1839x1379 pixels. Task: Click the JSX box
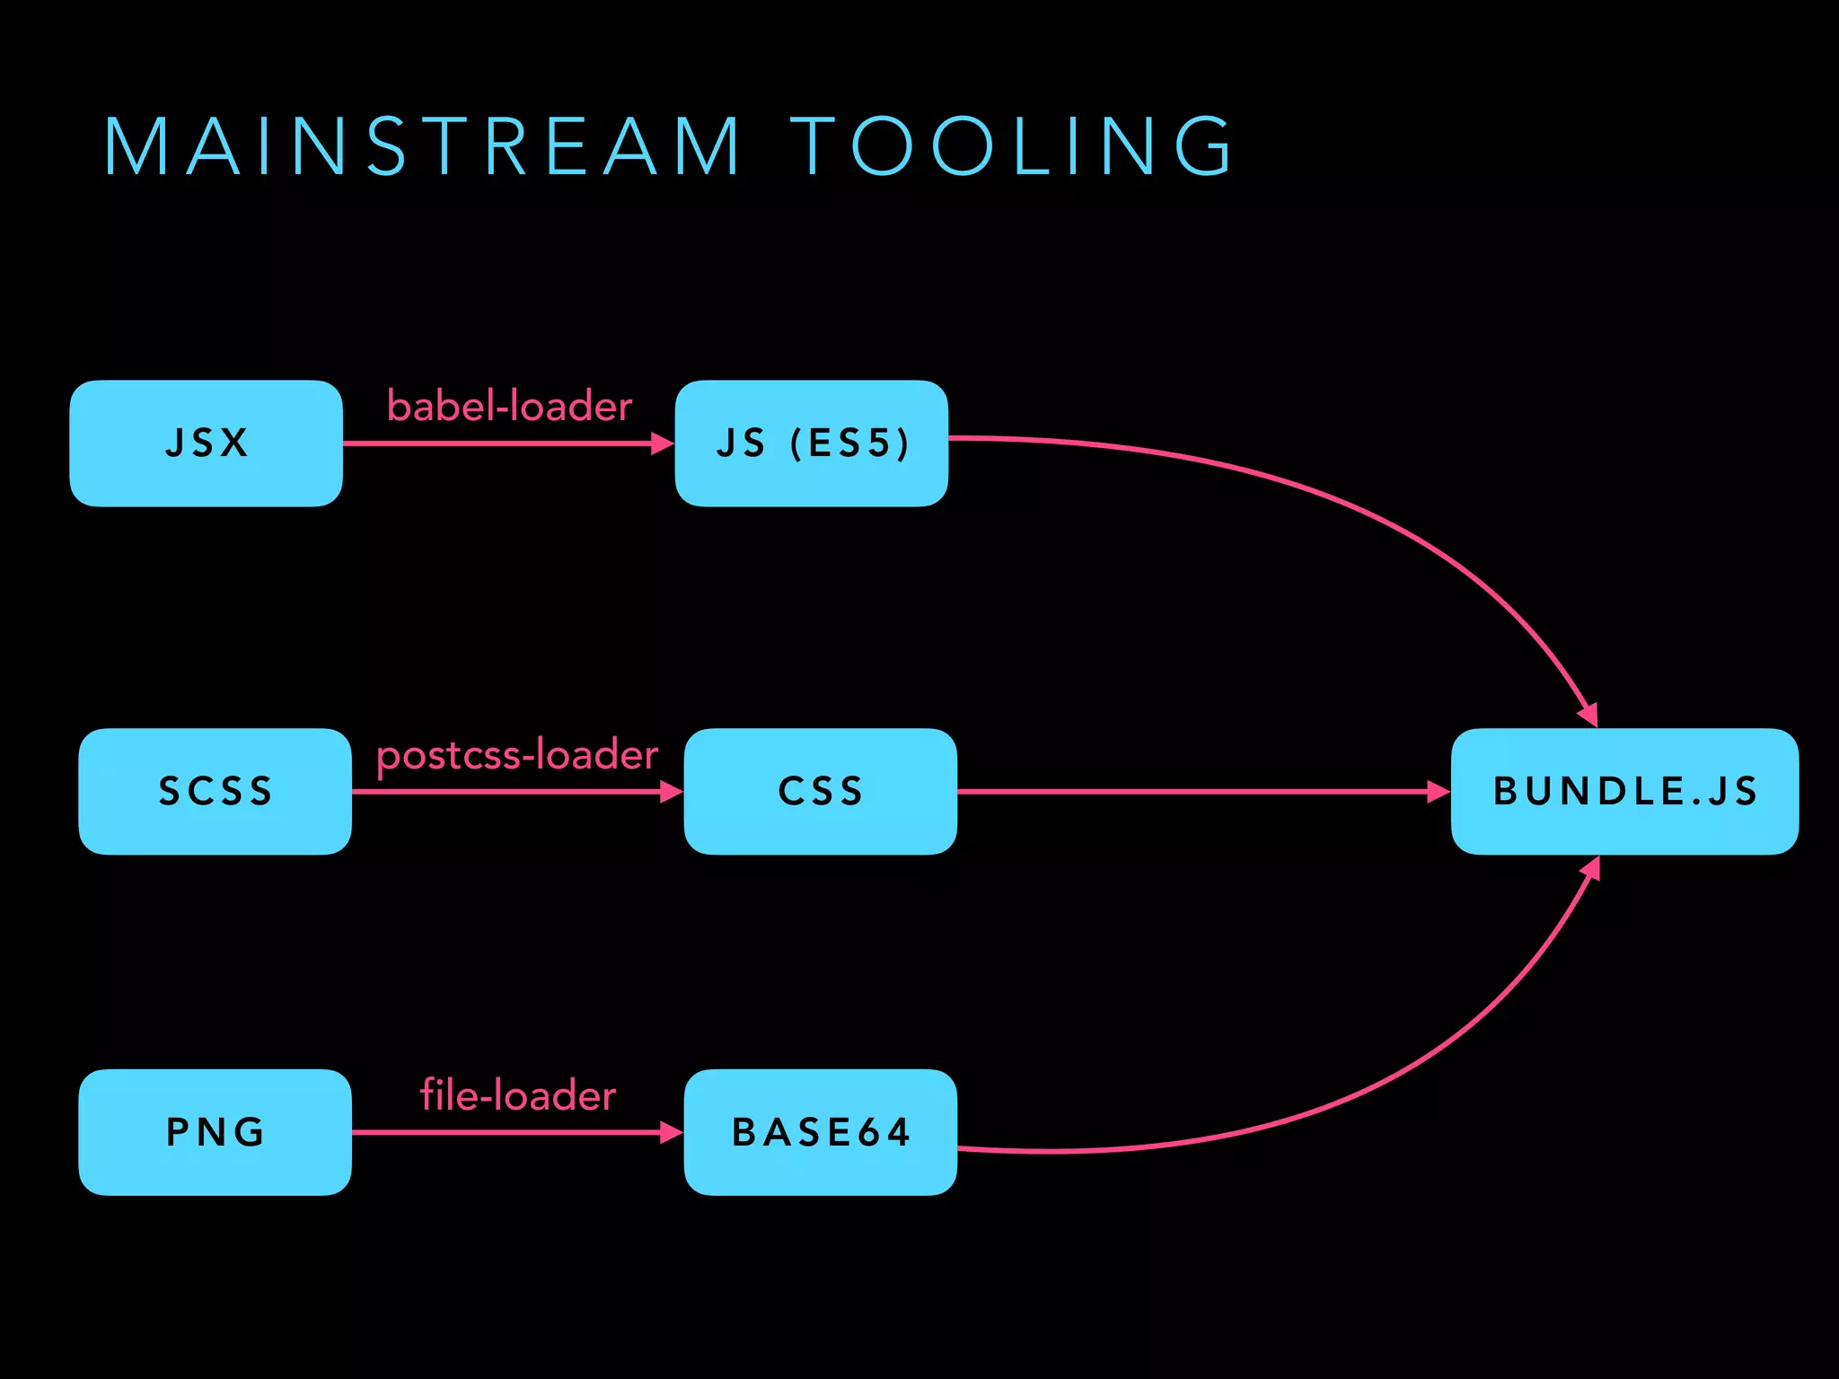[206, 444]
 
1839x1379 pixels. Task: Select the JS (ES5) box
[811, 444]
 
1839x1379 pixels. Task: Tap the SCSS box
[215, 791]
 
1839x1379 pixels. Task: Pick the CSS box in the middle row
[820, 791]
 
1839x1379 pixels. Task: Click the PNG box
[215, 1131]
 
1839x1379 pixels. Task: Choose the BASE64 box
[820, 1131]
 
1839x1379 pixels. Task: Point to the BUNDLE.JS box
[1623, 791]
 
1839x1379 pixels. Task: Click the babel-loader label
[509, 407]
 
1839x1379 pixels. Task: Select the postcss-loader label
[517, 755]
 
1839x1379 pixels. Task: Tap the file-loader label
[518, 1096]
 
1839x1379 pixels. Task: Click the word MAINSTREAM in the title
[422, 146]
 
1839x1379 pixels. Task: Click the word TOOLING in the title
[1012, 146]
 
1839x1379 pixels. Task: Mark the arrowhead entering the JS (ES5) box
[663, 444]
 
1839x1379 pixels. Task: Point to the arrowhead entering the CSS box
[672, 792]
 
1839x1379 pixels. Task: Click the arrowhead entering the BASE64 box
[672, 1132]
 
